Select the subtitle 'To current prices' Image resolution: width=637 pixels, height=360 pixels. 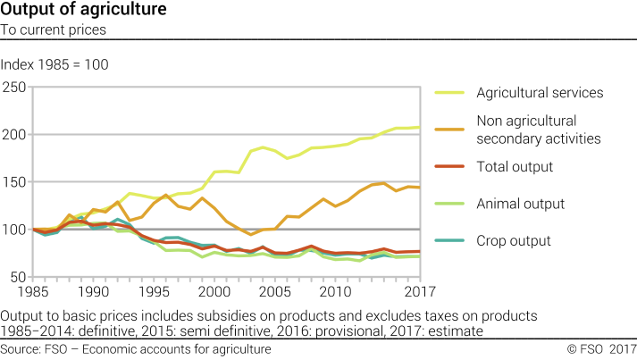tap(54, 29)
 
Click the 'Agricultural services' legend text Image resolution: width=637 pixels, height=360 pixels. tap(540, 93)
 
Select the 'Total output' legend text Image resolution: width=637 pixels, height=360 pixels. tap(515, 167)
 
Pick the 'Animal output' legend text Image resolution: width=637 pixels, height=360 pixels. tap(520, 204)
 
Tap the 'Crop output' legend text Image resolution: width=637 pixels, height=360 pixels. tap(513, 241)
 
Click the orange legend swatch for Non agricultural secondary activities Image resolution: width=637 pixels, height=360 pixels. tap(450, 130)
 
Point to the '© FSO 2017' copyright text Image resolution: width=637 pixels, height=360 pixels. tap(600, 348)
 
